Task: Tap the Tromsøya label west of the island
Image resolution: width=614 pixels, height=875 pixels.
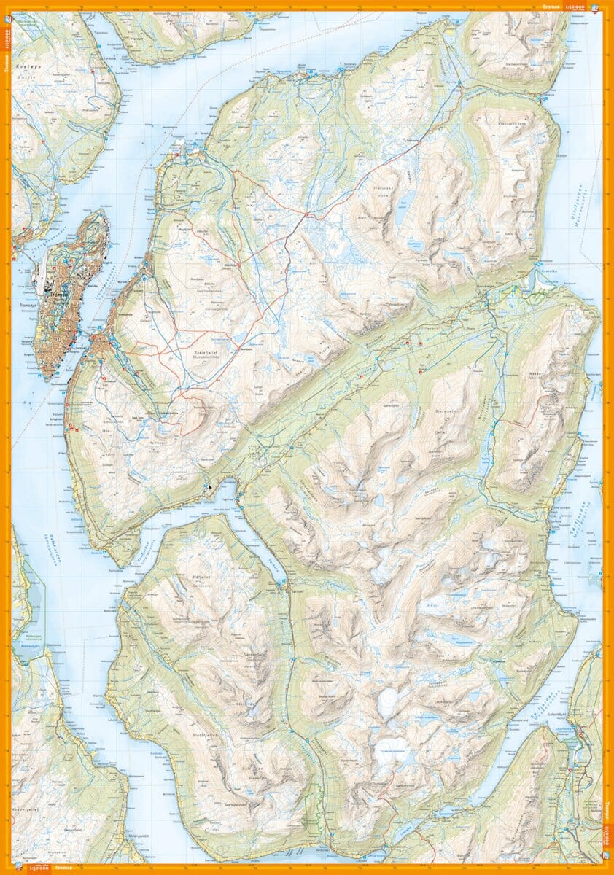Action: pyautogui.click(x=27, y=306)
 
